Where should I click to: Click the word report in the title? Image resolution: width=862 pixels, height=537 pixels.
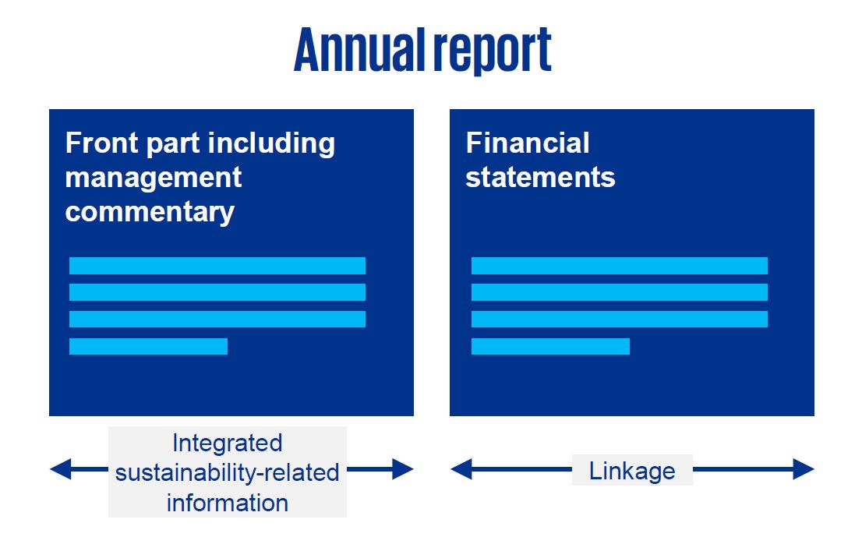click(x=492, y=51)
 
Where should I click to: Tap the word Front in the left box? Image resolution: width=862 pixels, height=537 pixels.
click(x=101, y=143)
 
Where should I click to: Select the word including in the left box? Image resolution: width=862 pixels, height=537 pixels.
click(x=271, y=143)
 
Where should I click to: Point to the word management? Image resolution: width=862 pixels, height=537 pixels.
click(x=154, y=178)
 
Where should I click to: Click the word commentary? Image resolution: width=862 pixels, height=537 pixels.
click(x=150, y=213)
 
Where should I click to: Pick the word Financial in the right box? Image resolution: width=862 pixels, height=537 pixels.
click(x=528, y=143)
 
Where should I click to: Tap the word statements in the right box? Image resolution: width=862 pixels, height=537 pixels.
click(x=540, y=178)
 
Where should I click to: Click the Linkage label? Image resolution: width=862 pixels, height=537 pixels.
click(x=632, y=471)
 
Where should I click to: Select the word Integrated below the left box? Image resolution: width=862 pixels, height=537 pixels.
click(x=227, y=443)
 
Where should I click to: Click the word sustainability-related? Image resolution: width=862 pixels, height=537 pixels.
click(x=227, y=472)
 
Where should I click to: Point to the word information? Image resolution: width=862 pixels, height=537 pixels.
click(x=227, y=503)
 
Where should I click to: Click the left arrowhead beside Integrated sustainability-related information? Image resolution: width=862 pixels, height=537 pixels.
click(x=61, y=469)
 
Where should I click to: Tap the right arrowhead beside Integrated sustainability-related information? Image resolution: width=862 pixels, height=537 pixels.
click(x=402, y=469)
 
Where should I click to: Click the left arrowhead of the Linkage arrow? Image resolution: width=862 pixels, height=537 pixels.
click(x=461, y=469)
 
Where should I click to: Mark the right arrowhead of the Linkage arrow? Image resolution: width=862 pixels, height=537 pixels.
click(x=804, y=469)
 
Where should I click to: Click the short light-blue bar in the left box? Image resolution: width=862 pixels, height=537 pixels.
click(x=148, y=346)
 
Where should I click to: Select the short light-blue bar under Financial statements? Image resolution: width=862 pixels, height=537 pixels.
click(x=550, y=346)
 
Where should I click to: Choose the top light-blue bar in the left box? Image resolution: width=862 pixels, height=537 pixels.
click(x=217, y=266)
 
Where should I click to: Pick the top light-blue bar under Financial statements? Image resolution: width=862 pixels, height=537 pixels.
click(x=620, y=266)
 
